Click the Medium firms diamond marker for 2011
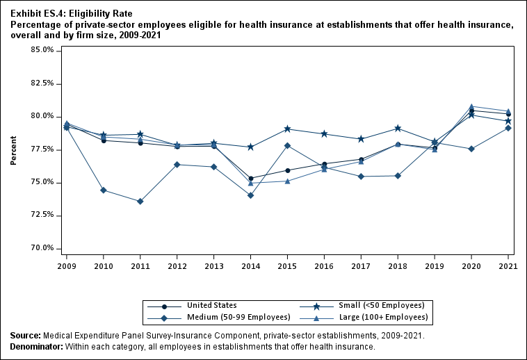coord(140,202)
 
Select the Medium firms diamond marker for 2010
coord(104,190)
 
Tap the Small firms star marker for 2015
coord(288,129)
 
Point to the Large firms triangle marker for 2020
coord(471,106)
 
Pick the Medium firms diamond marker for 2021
coord(508,128)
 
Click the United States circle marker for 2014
coord(251,179)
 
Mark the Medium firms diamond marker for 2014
coord(251,195)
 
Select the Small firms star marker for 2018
coord(398,128)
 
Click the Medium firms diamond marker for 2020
coord(471,149)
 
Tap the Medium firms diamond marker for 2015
coord(288,145)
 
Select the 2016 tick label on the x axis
coord(324,265)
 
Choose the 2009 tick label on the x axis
coord(67,265)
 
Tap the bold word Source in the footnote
coord(24,336)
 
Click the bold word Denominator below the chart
coord(35,347)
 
